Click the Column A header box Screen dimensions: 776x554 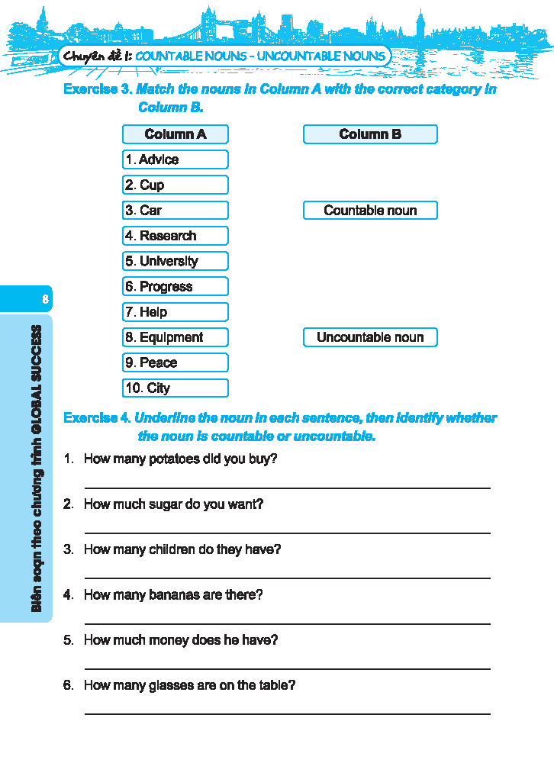click(x=175, y=134)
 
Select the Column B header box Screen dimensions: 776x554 click(x=370, y=134)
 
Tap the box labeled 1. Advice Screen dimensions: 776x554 click(x=175, y=159)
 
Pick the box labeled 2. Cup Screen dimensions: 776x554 click(x=175, y=185)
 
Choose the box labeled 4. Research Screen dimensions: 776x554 click(x=175, y=236)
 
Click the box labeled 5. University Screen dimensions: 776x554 click(x=175, y=261)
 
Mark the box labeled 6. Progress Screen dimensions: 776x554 click(x=175, y=287)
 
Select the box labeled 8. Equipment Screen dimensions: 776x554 click(x=175, y=337)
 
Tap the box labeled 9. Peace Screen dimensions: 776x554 click(x=175, y=362)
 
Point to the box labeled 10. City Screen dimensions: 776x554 click(x=175, y=388)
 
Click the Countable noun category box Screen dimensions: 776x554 click(x=370, y=211)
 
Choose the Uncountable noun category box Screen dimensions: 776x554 click(x=370, y=337)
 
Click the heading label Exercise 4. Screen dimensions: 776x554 click(x=97, y=418)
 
